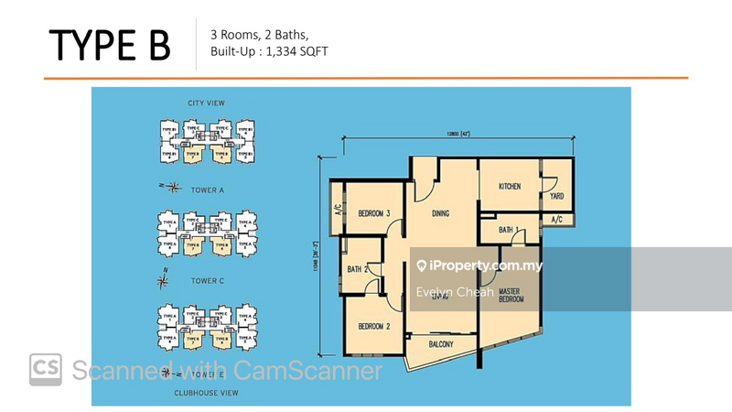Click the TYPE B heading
(x=109, y=45)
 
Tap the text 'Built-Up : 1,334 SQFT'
(x=269, y=51)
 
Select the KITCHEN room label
(x=510, y=186)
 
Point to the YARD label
(x=556, y=196)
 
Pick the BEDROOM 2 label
(x=374, y=327)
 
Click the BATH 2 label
(x=358, y=269)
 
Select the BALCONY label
(x=439, y=344)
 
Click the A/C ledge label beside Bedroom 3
(x=336, y=207)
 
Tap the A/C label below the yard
(x=557, y=221)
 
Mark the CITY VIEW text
(x=206, y=103)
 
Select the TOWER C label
(x=207, y=280)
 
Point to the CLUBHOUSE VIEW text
(x=206, y=393)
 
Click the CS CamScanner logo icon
(x=46, y=370)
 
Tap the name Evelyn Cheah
(x=455, y=292)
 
